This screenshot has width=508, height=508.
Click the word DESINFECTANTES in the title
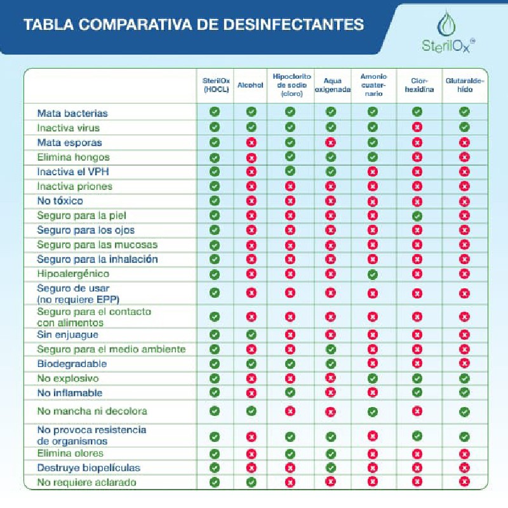(x=293, y=25)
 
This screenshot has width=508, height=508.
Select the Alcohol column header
(x=250, y=85)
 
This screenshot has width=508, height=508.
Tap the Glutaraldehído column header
(x=465, y=85)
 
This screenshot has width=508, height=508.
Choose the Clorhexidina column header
(x=419, y=85)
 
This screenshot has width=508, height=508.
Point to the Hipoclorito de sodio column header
(x=291, y=85)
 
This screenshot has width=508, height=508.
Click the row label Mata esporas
(x=70, y=142)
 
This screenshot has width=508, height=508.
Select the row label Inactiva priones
(x=74, y=186)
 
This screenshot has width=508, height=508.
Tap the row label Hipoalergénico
(x=73, y=274)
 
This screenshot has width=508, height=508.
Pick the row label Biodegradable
(x=72, y=364)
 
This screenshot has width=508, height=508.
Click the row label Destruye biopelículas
(x=89, y=468)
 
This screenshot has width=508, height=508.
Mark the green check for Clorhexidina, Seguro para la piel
(x=417, y=215)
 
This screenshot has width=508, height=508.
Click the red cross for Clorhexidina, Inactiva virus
(x=417, y=127)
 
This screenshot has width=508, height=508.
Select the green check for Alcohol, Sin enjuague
(x=251, y=335)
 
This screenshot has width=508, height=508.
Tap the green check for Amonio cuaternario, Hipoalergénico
(x=373, y=274)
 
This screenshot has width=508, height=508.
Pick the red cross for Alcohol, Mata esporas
(x=251, y=142)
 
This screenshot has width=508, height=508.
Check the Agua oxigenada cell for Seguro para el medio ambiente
(x=330, y=349)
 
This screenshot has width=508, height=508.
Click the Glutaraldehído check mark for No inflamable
(x=464, y=392)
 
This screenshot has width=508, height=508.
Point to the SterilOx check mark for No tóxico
(x=215, y=201)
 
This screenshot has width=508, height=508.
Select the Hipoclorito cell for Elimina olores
(x=290, y=454)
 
